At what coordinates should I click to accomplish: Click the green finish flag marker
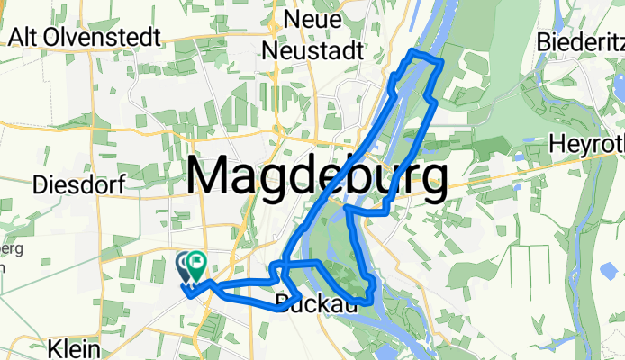(x=195, y=264)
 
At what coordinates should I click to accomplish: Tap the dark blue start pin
(x=184, y=265)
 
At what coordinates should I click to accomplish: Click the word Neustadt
(x=312, y=50)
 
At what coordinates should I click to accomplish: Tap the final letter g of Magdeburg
(x=430, y=184)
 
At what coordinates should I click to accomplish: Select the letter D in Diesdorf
(x=40, y=184)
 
